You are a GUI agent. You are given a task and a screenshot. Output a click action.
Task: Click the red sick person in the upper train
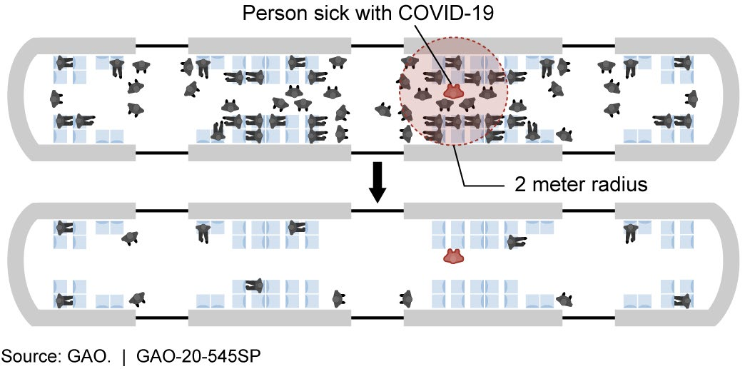(x=453, y=91)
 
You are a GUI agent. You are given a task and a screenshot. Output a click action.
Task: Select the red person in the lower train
(x=453, y=256)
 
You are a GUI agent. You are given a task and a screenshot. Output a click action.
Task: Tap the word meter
(x=559, y=185)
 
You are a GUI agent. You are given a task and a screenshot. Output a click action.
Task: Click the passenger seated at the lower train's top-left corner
(x=64, y=228)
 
